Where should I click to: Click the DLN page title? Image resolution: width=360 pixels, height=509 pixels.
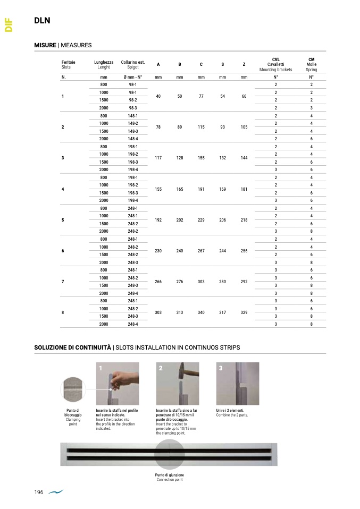[42, 21]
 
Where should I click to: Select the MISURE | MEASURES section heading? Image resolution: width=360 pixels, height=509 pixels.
[63, 45]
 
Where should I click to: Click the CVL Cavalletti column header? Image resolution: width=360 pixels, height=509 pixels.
[275, 64]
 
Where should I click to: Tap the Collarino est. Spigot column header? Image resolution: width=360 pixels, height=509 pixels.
[132, 65]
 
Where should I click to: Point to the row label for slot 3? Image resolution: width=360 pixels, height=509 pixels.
[63, 158]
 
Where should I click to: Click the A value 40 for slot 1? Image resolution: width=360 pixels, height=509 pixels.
[158, 96]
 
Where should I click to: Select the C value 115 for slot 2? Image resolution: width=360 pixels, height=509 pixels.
[201, 127]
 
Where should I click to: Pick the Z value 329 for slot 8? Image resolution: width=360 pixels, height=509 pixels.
[244, 312]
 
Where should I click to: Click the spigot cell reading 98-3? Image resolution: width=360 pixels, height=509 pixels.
[132, 108]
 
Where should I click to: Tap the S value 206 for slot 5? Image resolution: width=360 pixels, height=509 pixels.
[222, 219]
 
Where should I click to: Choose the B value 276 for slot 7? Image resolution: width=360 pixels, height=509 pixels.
[180, 282]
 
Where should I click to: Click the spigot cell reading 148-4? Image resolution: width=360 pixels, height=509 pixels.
[132, 139]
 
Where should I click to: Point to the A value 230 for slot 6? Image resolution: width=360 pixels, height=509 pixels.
[158, 251]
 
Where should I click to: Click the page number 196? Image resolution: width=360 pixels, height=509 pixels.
[39, 493]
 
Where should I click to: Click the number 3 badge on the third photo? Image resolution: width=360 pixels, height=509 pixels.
[221, 367]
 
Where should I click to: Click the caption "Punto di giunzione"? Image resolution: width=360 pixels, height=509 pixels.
[170, 475]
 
